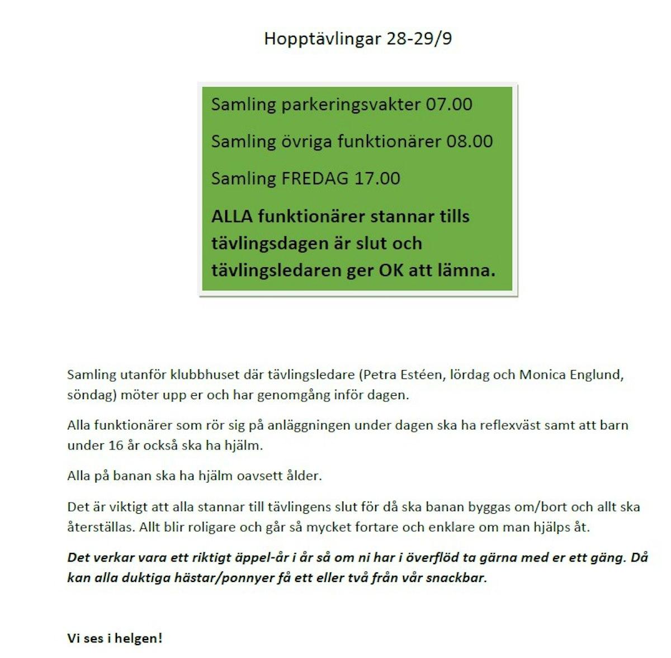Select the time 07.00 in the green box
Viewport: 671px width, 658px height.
click(x=449, y=105)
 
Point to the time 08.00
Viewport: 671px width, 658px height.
click(x=470, y=141)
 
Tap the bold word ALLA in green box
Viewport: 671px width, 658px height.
click(x=230, y=217)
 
